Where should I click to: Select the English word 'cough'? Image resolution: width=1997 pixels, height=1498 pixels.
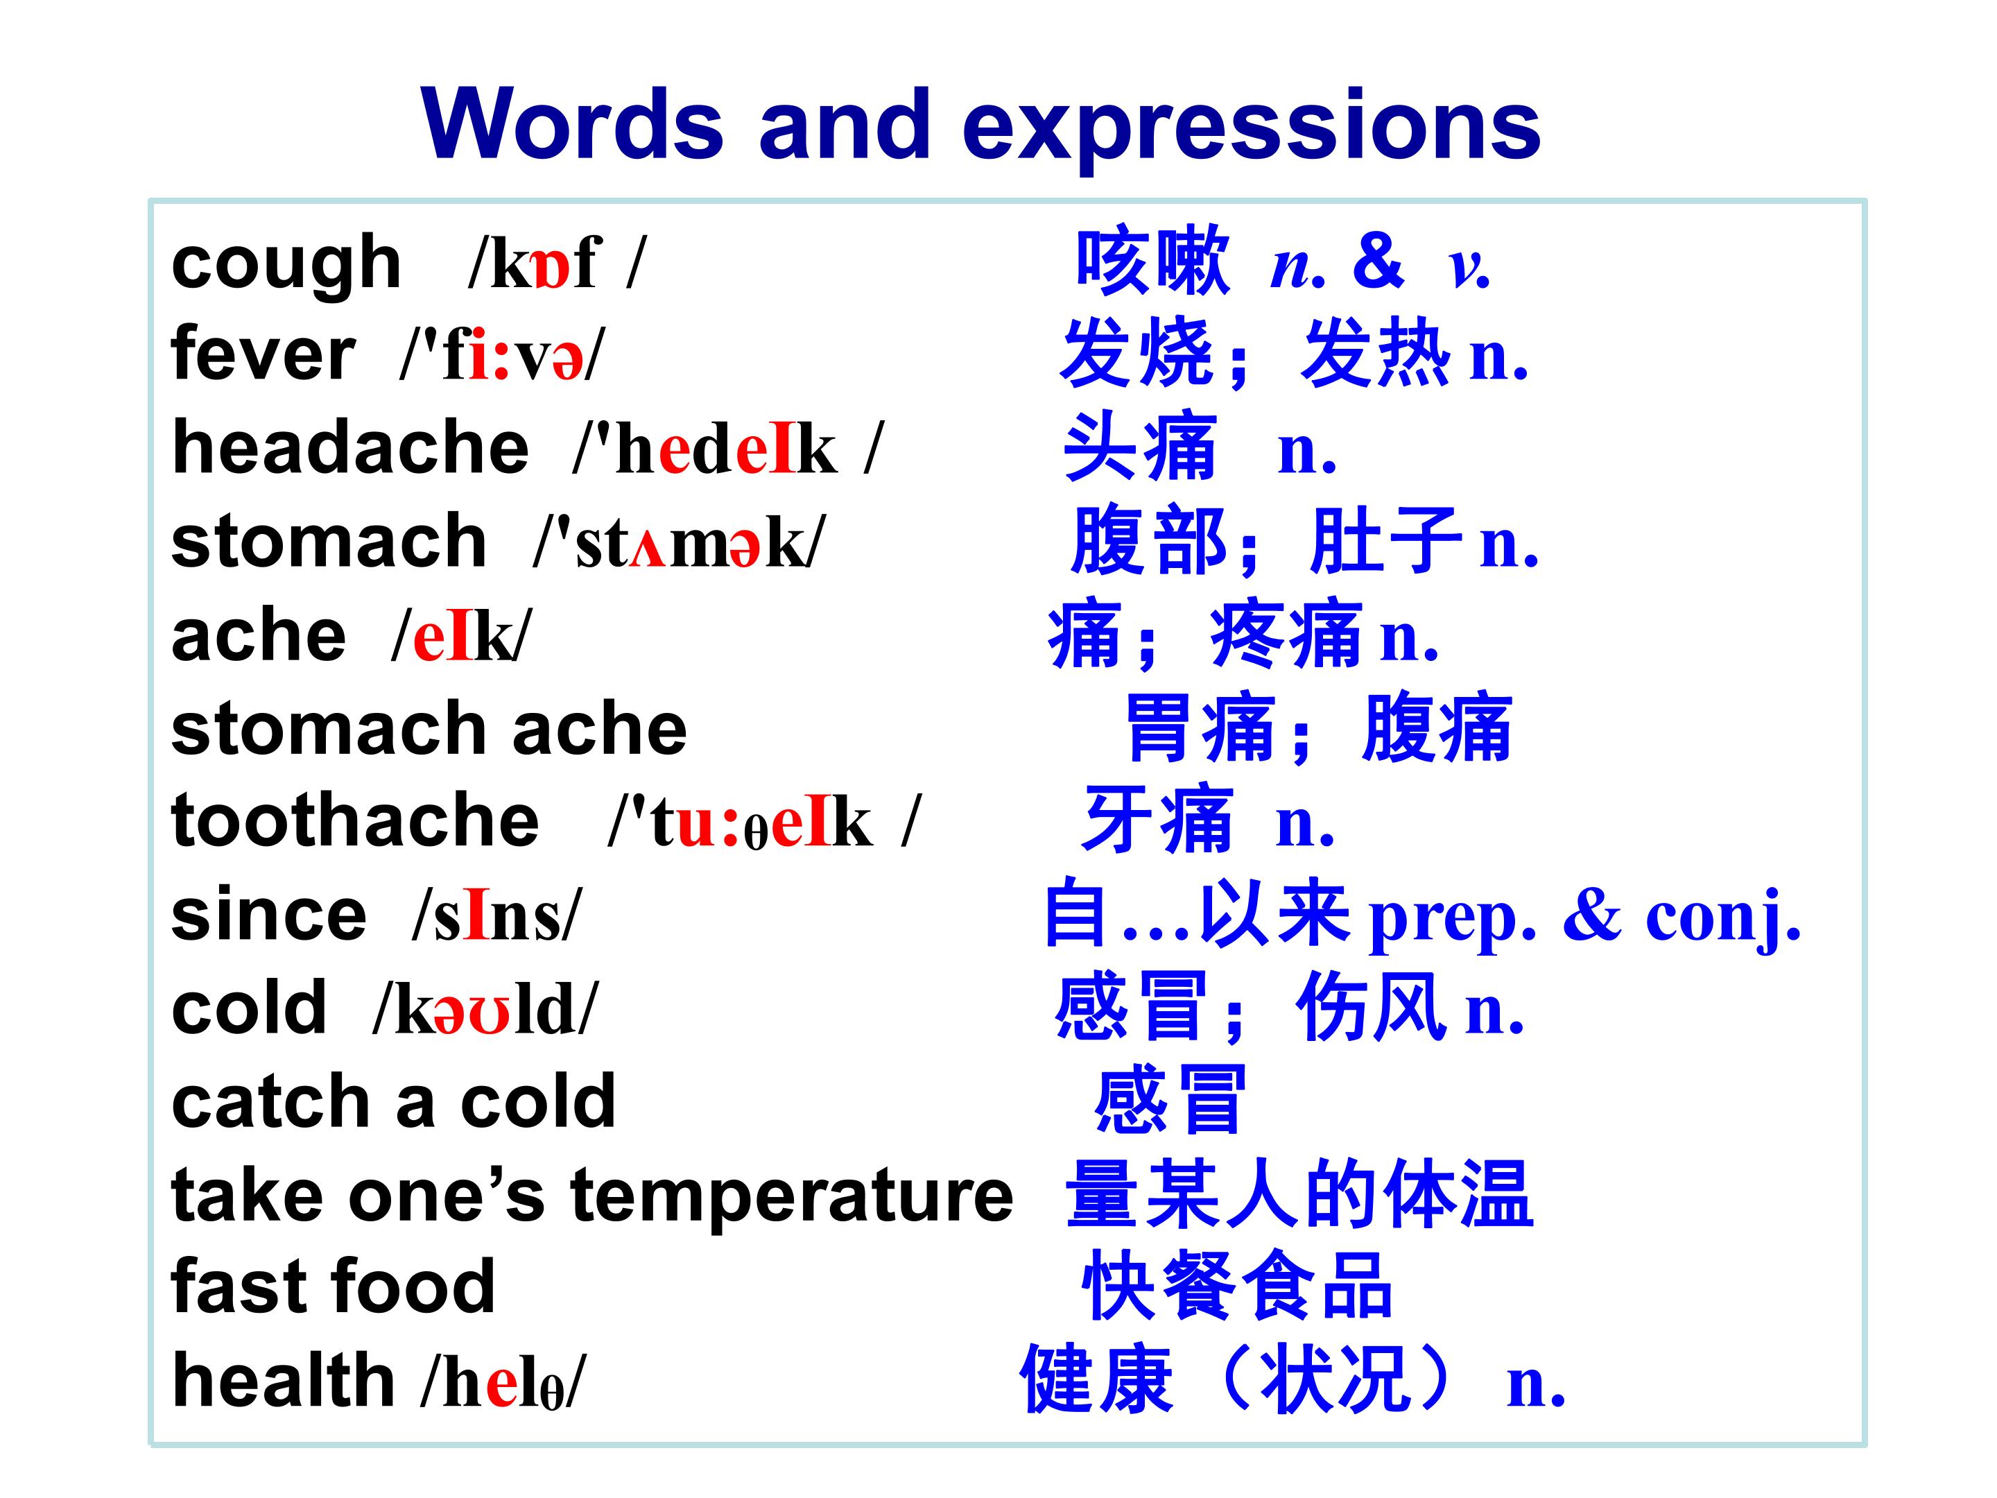point(286,264)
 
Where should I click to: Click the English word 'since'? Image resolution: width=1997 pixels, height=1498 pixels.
point(269,915)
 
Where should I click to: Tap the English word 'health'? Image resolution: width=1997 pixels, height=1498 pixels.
point(284,1381)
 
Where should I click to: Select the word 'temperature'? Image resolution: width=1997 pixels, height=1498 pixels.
point(792,1196)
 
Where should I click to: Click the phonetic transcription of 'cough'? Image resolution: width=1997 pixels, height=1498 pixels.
point(557,264)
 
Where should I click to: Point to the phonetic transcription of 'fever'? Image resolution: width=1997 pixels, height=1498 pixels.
point(503,356)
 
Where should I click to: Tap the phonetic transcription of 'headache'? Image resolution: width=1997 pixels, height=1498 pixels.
point(727,449)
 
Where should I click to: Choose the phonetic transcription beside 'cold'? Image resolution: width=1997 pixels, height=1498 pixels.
point(485,1008)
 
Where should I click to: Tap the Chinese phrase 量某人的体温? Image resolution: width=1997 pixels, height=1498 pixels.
point(1300,1195)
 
